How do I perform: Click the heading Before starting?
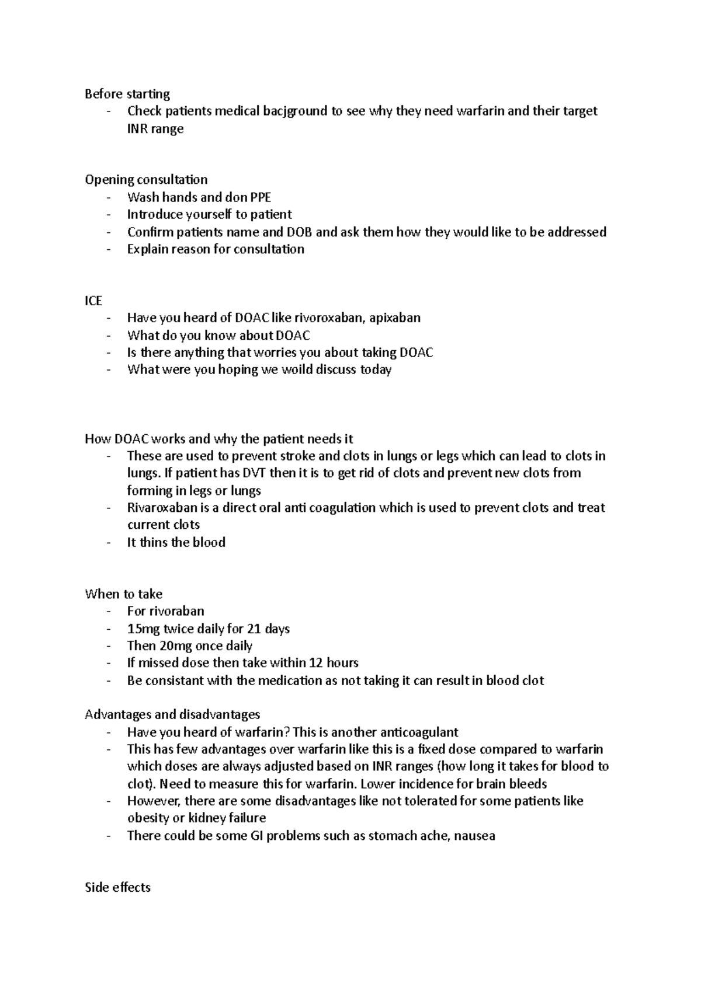[x=127, y=94]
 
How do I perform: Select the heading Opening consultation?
[x=146, y=180]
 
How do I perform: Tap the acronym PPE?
[x=261, y=197]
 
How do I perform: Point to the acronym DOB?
[x=300, y=232]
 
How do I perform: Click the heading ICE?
[x=93, y=301]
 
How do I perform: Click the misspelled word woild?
[x=296, y=370]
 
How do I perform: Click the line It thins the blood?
[x=176, y=543]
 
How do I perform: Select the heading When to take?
[x=123, y=594]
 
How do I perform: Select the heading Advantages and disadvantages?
[x=172, y=715]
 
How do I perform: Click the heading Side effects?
[x=117, y=888]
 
